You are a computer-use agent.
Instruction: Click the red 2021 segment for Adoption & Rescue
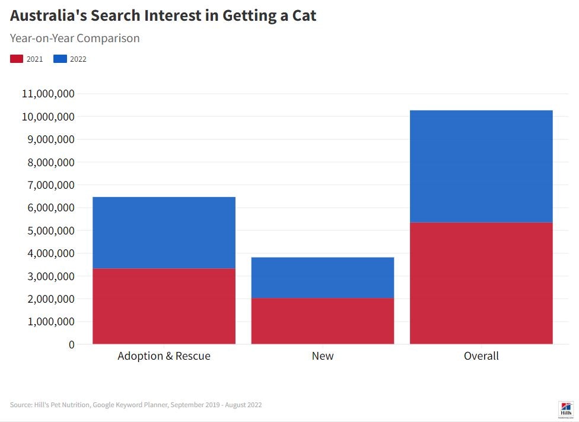164,306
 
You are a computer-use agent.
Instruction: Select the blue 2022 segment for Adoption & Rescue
164,233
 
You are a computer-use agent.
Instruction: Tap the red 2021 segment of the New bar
323,321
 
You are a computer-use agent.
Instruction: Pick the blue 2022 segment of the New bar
323,277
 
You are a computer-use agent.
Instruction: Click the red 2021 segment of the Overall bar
481,283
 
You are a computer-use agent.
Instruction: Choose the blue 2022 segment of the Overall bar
481,166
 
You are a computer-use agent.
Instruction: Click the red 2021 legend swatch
17,59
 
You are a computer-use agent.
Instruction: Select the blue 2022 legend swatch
60,59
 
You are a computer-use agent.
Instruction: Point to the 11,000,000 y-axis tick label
48,94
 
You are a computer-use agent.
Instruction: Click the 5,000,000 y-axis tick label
51,230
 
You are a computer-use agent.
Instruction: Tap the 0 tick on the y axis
72,344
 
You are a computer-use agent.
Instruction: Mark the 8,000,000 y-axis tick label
51,162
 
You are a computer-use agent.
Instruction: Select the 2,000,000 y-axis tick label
51,299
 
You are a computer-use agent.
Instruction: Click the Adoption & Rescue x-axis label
164,356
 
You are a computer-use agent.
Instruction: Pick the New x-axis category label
323,356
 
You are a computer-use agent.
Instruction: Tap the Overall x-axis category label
481,356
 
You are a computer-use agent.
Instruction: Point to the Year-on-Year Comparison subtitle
75,38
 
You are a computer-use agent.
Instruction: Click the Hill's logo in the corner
566,408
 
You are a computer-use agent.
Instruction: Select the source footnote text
136,405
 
